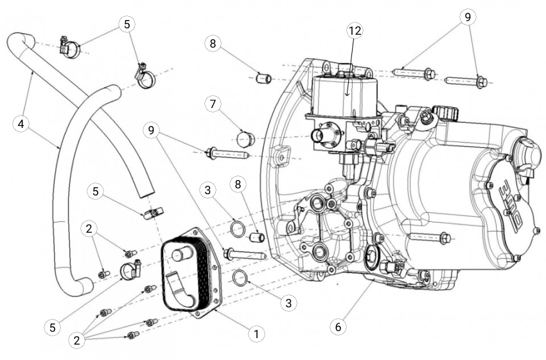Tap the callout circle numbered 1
pyautogui.click(x=256, y=333)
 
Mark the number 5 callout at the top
pyautogui.click(x=126, y=24)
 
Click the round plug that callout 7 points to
pyautogui.click(x=245, y=137)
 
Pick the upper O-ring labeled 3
pyautogui.click(x=236, y=228)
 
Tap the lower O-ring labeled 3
pyautogui.click(x=240, y=278)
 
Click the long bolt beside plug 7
pyautogui.click(x=228, y=154)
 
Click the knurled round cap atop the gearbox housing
pyautogui.click(x=443, y=114)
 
